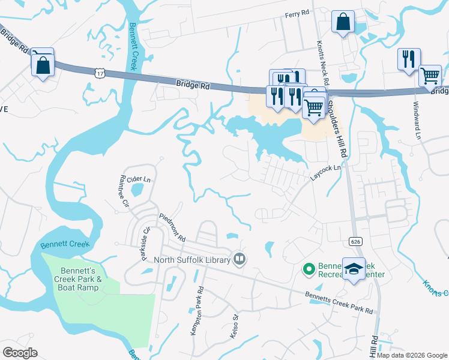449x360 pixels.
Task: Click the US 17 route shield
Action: [x=99, y=72]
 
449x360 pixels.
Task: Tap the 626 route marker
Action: [x=355, y=241]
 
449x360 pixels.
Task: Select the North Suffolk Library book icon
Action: [x=240, y=259]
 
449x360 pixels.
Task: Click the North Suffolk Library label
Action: [x=192, y=260]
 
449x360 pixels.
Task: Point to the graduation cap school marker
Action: [x=354, y=269]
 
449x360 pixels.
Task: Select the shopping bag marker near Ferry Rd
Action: [x=343, y=23]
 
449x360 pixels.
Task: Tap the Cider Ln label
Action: [x=138, y=179]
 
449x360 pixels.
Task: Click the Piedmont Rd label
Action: [x=172, y=226]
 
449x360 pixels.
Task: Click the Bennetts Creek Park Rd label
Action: [x=339, y=303]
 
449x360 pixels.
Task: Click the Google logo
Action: [x=20, y=352]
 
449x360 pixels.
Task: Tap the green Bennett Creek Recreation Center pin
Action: [x=309, y=269]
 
